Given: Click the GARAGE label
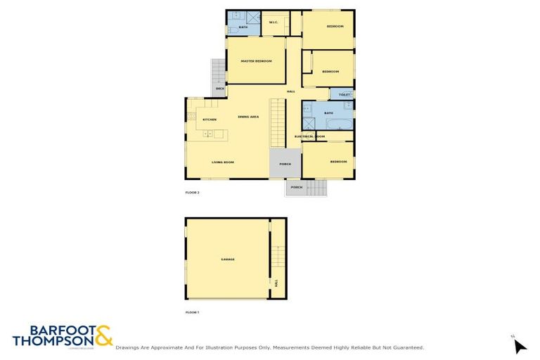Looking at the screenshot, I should (x=228, y=259).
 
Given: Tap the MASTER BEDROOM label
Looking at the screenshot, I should (x=256, y=61).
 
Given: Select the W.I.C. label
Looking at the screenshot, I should (x=274, y=22).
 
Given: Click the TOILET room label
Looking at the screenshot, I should (x=344, y=94).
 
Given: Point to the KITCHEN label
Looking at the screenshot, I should (x=210, y=120).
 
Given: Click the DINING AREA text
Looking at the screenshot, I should (x=249, y=117).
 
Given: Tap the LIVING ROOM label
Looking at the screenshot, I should (x=223, y=162).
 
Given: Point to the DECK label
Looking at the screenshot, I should (x=219, y=89).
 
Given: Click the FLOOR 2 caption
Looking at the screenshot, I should (x=193, y=192).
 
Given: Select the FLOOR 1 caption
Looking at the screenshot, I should (x=193, y=311).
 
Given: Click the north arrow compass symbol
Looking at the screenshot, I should (x=519, y=346).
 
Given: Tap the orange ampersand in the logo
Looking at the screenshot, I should (x=103, y=336).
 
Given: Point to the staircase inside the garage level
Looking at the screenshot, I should (x=278, y=257).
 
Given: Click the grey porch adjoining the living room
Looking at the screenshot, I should (x=285, y=163).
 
